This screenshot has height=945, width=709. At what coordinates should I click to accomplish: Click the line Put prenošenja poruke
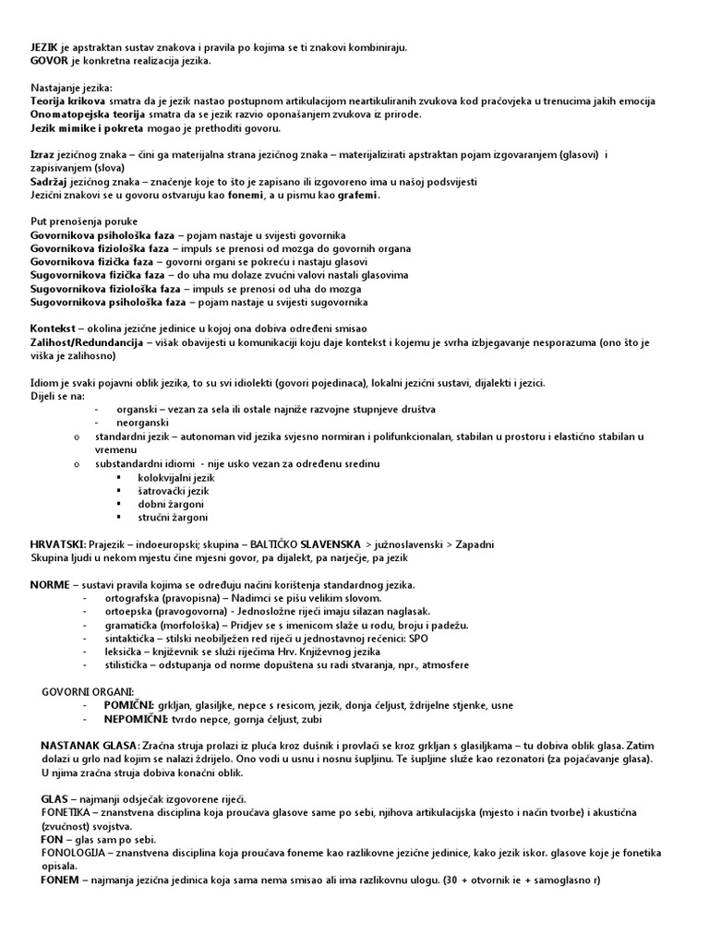point(84,221)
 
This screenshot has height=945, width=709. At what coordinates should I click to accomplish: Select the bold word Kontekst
point(53,329)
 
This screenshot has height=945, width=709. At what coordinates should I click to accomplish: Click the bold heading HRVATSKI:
point(58,544)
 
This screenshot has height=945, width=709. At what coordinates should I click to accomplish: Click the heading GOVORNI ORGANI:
point(88,691)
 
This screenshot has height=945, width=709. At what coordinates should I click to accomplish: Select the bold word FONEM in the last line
point(60,880)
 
